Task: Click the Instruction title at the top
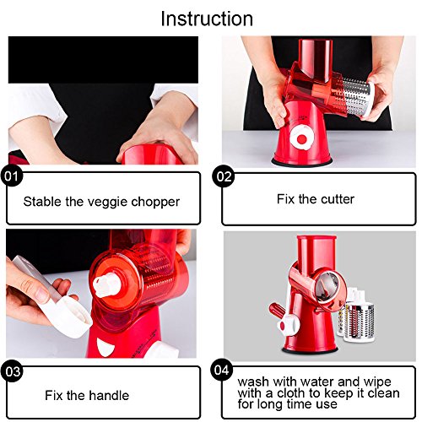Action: coord(207,19)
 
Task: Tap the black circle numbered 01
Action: coord(12,176)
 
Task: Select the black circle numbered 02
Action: coord(224,176)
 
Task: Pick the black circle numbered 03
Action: coord(13,371)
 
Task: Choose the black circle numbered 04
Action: coord(222,370)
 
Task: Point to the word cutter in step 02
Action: coord(338,199)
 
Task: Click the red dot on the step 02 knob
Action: coord(301,139)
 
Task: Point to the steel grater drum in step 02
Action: coord(357,97)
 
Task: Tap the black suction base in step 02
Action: coord(302,162)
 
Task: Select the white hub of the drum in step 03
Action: coord(107,285)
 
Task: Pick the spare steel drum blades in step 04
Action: coord(356,315)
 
